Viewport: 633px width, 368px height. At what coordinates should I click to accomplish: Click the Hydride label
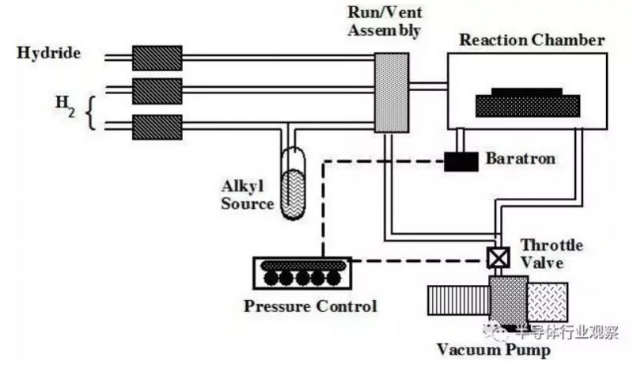(48, 53)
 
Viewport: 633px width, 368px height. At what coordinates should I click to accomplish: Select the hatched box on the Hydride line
(157, 59)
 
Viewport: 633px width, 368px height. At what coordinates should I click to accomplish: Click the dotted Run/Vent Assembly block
(392, 93)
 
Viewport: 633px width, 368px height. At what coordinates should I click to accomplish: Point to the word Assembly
(385, 31)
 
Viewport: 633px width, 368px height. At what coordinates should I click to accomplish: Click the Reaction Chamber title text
(532, 40)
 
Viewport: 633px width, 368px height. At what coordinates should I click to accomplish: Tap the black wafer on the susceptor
(527, 92)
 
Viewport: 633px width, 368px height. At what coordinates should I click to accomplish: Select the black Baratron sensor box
(461, 161)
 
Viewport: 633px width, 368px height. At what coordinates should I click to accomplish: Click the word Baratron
(521, 158)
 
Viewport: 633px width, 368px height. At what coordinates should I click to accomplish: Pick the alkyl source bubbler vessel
(294, 184)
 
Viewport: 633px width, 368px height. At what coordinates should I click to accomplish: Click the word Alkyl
(242, 186)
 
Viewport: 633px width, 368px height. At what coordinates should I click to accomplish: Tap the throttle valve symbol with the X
(498, 258)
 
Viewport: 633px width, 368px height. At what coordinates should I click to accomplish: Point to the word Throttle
(552, 245)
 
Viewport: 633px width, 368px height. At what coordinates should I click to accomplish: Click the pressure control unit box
(302, 273)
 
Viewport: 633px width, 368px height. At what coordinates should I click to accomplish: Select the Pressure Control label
(310, 305)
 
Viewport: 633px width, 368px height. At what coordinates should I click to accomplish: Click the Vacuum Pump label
(494, 350)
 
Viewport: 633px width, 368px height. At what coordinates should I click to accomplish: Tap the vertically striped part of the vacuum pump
(459, 300)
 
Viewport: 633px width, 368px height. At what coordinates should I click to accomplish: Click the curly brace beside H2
(91, 113)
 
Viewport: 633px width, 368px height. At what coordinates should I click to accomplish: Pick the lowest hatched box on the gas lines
(157, 127)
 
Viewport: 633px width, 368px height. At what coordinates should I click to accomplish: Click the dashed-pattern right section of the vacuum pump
(548, 302)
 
